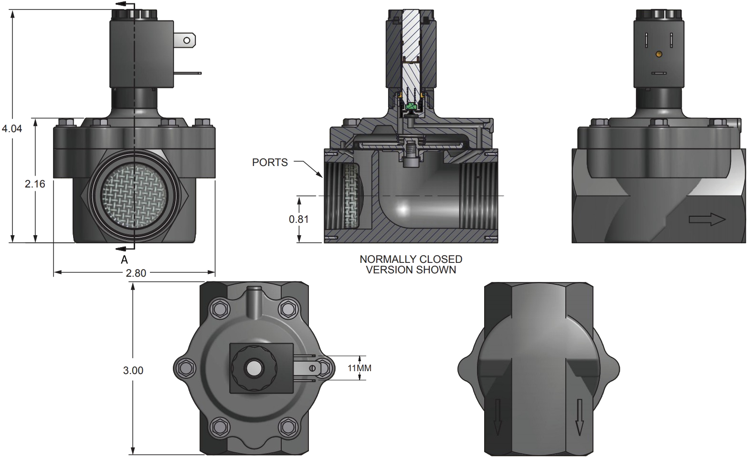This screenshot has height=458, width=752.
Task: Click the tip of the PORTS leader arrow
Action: [x=322, y=177]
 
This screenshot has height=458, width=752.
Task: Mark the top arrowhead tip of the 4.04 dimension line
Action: [x=13, y=10]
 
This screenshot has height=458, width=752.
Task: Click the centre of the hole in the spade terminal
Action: [x=187, y=41]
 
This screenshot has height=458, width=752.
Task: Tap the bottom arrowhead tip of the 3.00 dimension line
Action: [x=133, y=455]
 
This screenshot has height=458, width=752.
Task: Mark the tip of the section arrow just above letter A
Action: [x=116, y=249]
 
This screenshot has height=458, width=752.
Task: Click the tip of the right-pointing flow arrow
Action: [x=726, y=220]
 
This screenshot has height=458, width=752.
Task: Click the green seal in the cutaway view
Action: [x=411, y=107]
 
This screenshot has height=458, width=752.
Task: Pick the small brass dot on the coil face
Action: [x=659, y=53]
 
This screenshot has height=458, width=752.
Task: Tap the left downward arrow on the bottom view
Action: [x=498, y=416]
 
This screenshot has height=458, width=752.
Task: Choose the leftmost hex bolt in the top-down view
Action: [x=186, y=368]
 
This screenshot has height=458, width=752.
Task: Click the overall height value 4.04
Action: [x=12, y=128]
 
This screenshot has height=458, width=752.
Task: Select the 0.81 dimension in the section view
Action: [x=299, y=219]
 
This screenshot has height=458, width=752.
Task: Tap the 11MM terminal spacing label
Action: [x=360, y=368]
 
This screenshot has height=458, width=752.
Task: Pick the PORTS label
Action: [x=270, y=162]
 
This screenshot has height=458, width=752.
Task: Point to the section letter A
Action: [x=124, y=260]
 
